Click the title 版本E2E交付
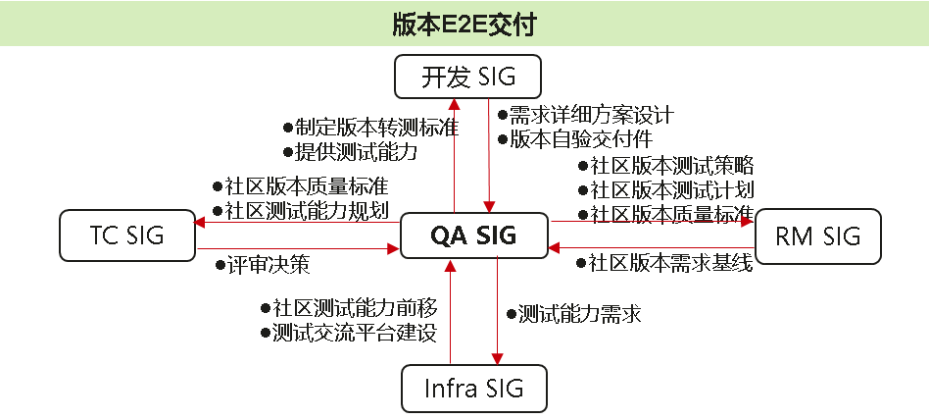[464, 25]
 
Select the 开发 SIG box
[468, 78]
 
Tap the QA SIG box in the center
[473, 236]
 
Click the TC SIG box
[126, 236]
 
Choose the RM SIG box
[816, 236]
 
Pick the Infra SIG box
[474, 388]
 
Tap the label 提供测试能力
[357, 152]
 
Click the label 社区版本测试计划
[670, 189]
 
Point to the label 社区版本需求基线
[670, 263]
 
